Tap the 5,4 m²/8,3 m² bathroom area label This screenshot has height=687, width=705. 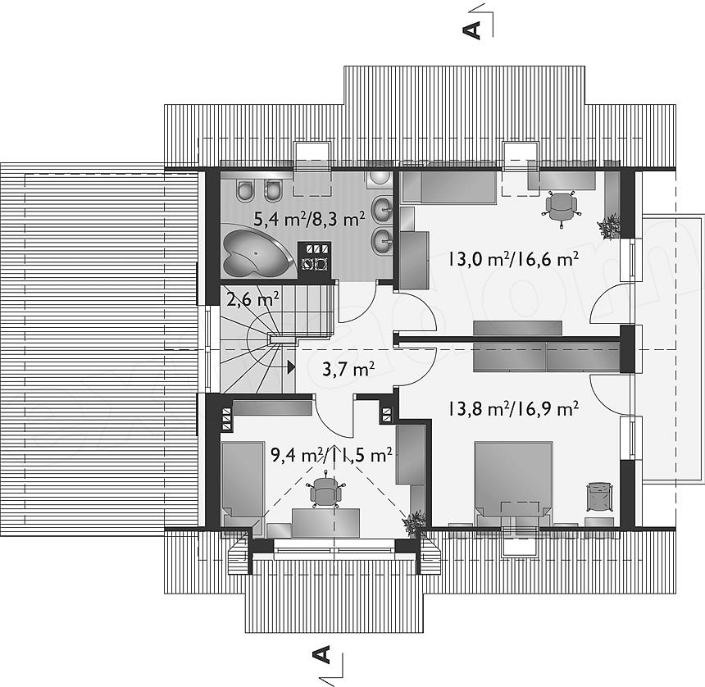(309, 219)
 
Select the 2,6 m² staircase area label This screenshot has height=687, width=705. (252, 298)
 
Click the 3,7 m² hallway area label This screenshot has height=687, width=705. (348, 370)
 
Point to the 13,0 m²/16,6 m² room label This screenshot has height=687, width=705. (512, 259)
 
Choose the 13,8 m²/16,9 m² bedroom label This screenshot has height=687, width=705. (512, 409)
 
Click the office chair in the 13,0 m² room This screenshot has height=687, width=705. (561, 206)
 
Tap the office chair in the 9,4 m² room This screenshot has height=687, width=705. (325, 490)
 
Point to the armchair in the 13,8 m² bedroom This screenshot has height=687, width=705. (599, 497)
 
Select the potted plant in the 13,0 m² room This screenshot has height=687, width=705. (609, 225)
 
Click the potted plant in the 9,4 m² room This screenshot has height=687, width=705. (413, 522)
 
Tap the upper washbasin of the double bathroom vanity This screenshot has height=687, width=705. (383, 207)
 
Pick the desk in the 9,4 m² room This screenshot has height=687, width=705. (326, 523)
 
